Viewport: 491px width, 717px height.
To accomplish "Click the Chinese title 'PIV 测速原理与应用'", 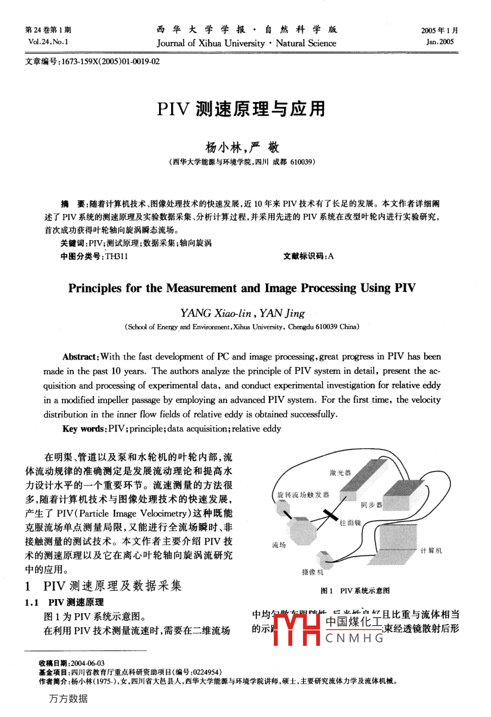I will click(241, 109).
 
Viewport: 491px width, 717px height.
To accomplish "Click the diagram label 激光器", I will click(341, 473).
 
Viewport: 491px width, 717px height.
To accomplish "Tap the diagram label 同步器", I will click(372, 505).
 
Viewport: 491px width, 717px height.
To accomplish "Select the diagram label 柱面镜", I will click(350, 523).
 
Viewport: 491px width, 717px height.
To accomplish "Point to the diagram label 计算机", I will click(431, 550).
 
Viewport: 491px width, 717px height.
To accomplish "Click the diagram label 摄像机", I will click(312, 572).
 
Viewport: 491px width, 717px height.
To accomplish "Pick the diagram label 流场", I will click(279, 544).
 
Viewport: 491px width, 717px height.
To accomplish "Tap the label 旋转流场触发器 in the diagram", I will click(303, 495).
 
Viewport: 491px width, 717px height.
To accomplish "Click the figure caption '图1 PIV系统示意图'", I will click(355, 590).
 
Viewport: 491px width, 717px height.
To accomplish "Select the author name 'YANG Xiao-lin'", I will click(216, 313).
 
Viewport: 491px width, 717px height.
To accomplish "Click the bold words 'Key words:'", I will click(85, 429).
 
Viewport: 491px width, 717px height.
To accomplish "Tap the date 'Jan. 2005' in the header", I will click(440, 42).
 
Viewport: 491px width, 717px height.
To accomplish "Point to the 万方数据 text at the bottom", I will click(68, 699).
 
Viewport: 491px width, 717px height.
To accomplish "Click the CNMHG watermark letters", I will click(354, 638).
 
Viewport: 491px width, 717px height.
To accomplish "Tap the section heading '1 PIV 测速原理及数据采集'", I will click(103, 586).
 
